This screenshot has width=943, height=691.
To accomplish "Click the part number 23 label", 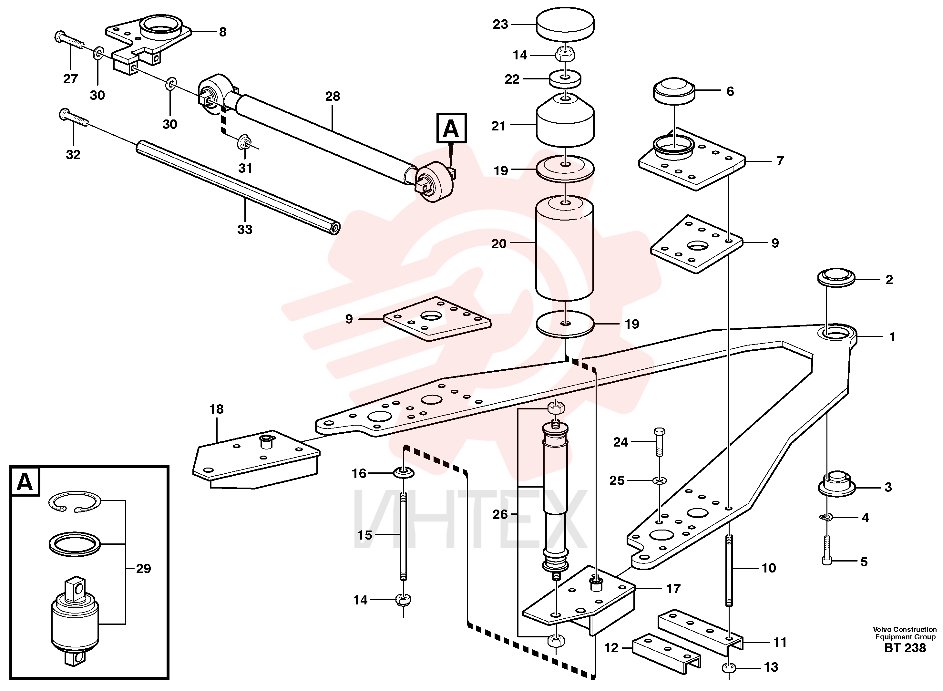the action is coord(500,25).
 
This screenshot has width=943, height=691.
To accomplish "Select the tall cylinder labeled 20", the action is coord(565,249).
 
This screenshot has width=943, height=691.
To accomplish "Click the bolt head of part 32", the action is coord(65,113).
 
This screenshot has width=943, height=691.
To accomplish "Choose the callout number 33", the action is coord(245,229).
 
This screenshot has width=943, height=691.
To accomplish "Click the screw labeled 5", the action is coord(827,551).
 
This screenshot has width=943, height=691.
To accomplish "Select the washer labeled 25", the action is coord(660,480).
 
